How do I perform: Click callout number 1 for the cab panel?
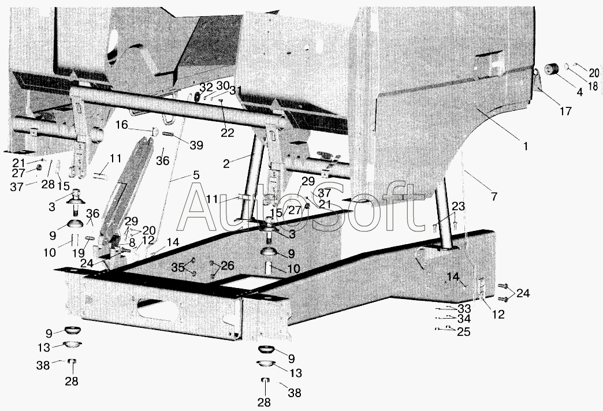click(x=526, y=146)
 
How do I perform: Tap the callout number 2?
click(x=226, y=164)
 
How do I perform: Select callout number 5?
click(x=196, y=175)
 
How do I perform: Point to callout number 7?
click(x=494, y=196)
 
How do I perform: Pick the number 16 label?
click(x=121, y=125)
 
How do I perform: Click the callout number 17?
click(x=565, y=111)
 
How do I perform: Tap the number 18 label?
click(x=593, y=85)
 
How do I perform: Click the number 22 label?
click(x=227, y=133)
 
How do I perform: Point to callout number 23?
click(x=459, y=207)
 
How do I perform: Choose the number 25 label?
click(x=464, y=331)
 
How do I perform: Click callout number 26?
click(x=228, y=266)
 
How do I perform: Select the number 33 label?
click(x=464, y=308)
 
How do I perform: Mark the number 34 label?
click(x=464, y=319)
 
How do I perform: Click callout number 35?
click(x=178, y=267)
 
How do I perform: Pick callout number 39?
click(x=196, y=145)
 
